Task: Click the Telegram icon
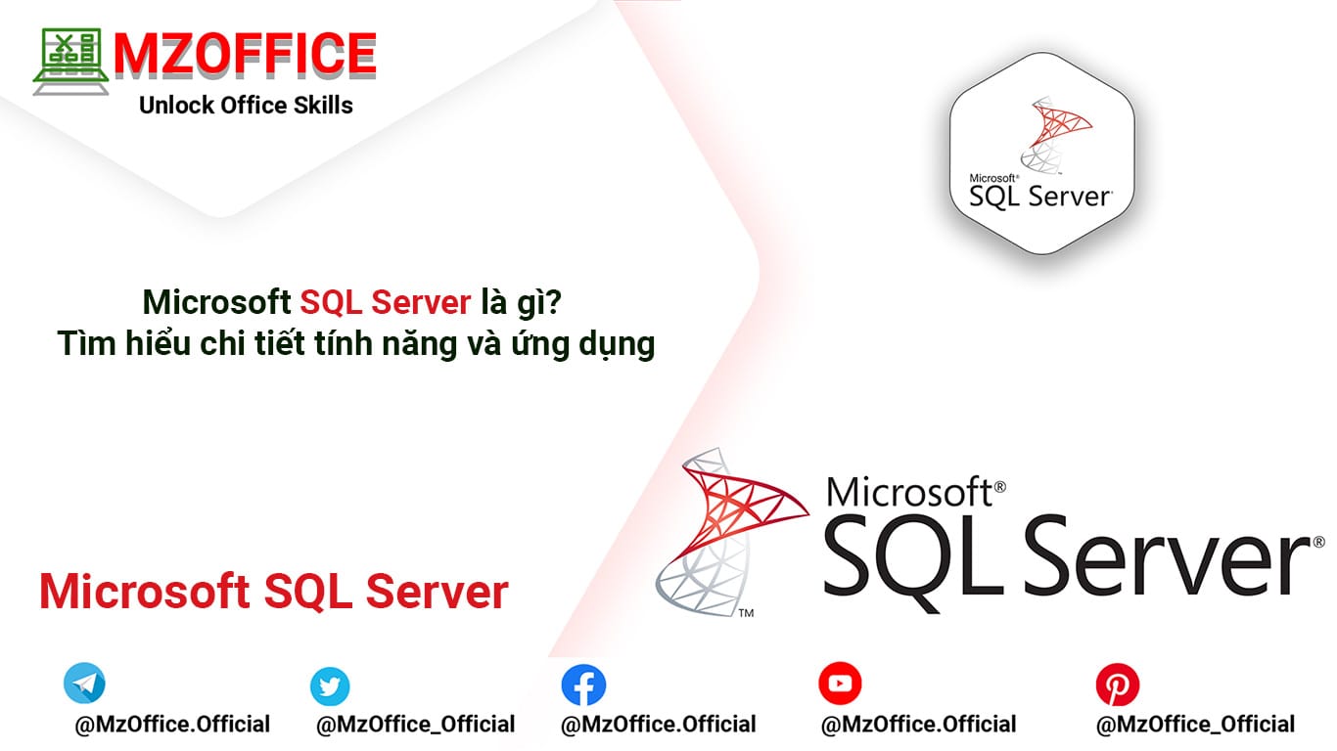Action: [x=84, y=684]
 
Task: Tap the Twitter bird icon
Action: [x=330, y=686]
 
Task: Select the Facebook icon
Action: [x=583, y=685]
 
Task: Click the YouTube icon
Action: [x=840, y=684]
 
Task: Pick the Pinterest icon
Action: [x=1118, y=685]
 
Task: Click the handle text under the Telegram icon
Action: [x=172, y=725]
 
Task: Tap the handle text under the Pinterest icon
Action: [x=1195, y=725]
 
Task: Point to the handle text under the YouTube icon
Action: [x=918, y=725]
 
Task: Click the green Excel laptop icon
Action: [x=69, y=62]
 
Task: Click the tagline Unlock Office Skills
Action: [x=246, y=106]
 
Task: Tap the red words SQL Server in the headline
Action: [x=386, y=303]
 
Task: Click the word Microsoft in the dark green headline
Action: [x=217, y=303]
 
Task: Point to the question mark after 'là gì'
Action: [x=557, y=303]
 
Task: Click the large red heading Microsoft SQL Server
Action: [x=274, y=592]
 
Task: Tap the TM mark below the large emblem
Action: [x=746, y=614]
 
